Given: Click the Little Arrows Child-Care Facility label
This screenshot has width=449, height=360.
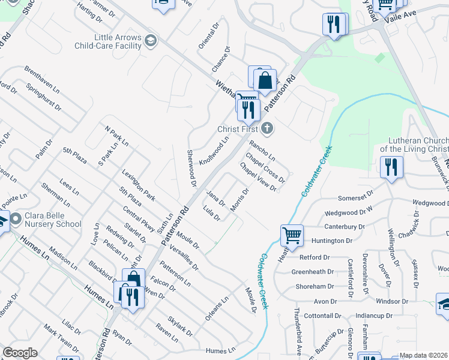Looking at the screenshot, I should (109, 41).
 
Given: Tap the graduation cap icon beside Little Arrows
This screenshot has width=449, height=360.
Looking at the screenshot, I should (151, 41).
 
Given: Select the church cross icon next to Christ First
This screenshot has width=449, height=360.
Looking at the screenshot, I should (267, 128).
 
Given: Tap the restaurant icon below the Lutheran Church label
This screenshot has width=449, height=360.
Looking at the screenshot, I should (391, 167).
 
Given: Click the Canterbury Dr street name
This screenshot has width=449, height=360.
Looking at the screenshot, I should (345, 227).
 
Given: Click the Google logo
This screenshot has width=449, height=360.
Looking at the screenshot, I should (20, 353).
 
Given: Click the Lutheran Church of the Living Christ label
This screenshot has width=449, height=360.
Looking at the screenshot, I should (414, 145).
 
